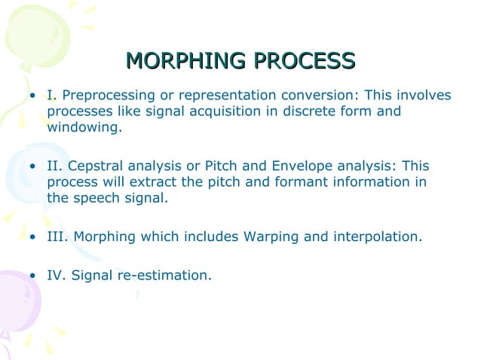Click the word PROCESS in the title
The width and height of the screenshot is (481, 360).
pyautogui.click(x=305, y=60)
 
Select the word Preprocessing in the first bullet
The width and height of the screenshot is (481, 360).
pyautogui.click(x=107, y=96)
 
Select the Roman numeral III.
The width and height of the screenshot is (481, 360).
pyautogui.click(x=57, y=237)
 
